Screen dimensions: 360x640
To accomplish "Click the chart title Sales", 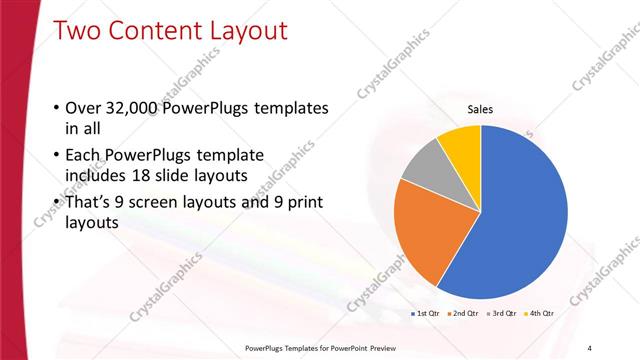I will tap(480, 110).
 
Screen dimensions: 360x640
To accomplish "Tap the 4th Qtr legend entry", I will tap(540, 313).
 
